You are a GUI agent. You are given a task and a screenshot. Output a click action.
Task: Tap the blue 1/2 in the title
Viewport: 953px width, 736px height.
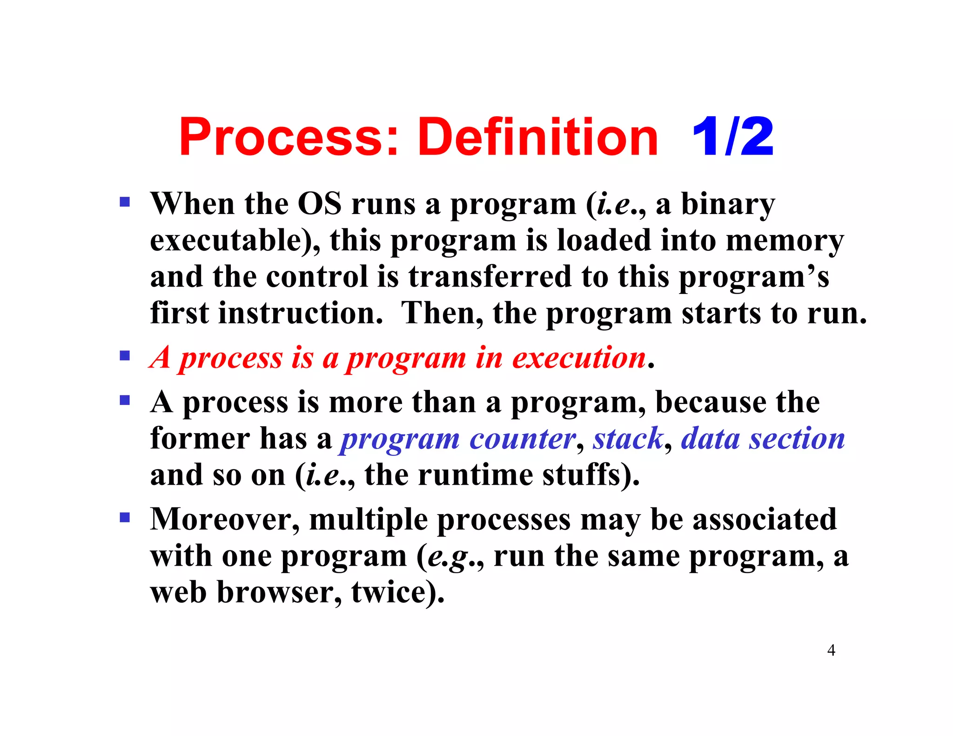(732, 138)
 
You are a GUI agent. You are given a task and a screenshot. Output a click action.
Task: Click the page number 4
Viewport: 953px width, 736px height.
(831, 650)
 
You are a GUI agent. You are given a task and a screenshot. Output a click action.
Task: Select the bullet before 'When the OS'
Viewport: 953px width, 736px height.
(125, 202)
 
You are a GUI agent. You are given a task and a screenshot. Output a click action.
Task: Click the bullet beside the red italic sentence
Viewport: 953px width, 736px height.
(125, 356)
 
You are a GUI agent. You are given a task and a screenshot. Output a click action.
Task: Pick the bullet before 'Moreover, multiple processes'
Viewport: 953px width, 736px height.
(125, 517)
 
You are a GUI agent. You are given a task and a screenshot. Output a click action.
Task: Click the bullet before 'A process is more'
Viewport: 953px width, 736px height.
(125, 400)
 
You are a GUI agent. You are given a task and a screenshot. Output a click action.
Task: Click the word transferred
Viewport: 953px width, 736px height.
(490, 277)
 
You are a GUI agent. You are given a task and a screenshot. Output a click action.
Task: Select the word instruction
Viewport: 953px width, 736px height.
(301, 313)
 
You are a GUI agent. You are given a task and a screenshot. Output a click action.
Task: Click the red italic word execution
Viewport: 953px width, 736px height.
(579, 358)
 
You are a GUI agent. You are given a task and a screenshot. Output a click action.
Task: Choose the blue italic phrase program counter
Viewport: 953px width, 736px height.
(458, 439)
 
